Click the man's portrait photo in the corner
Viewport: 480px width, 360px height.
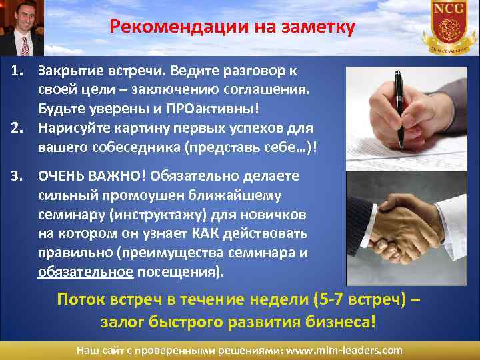click(21, 27)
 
